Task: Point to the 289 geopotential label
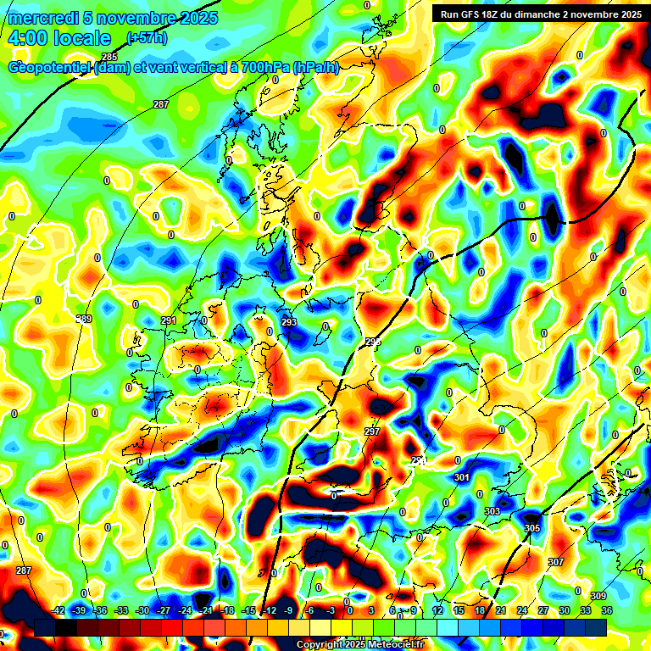coord(84,319)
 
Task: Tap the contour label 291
coord(168,320)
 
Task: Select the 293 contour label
coord(289,323)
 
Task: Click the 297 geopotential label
coord(371,431)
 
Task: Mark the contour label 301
coord(462,478)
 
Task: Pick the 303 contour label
coord(492,511)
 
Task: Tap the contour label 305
coord(532,528)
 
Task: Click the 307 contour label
coord(556,562)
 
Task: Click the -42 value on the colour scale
coord(59,610)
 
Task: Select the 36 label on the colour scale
coord(607,610)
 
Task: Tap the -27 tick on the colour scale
coord(164,610)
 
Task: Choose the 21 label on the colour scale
coord(501,610)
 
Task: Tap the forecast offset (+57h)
coord(147,38)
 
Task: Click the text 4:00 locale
coord(58,38)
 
